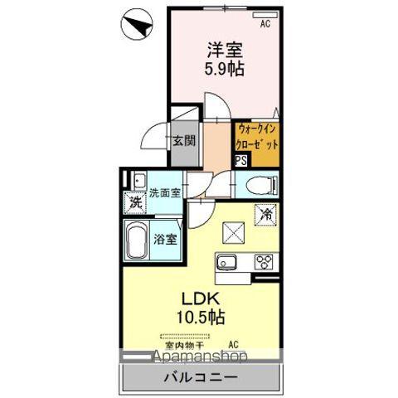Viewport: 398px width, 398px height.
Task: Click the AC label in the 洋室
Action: coord(265,25)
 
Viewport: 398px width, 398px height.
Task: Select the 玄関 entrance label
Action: coord(184,140)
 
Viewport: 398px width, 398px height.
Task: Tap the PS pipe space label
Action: coord(240,162)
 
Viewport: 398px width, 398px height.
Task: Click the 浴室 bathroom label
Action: coord(165,240)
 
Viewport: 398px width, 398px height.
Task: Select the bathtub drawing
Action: coord(138,240)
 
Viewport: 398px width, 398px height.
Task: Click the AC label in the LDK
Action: coord(234,344)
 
